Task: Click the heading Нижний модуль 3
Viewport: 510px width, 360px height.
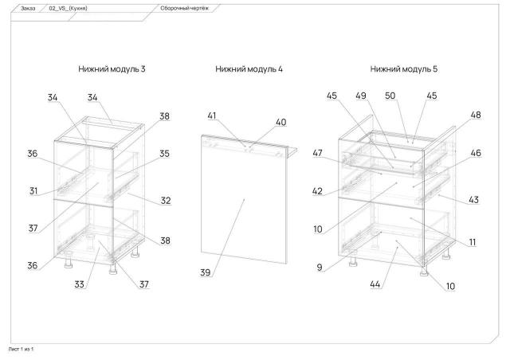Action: point(112,69)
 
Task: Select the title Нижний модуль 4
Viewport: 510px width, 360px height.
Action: point(249,69)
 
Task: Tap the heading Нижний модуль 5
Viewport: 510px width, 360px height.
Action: point(404,69)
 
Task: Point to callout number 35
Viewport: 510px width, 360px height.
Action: point(164,154)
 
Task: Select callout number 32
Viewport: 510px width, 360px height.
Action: point(165,201)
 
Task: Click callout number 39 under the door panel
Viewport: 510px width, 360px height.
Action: point(206,272)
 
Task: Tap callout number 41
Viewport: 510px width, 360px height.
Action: point(212,116)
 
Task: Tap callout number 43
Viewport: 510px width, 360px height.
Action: point(473,199)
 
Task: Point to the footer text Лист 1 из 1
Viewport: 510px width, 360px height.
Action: point(21,349)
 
